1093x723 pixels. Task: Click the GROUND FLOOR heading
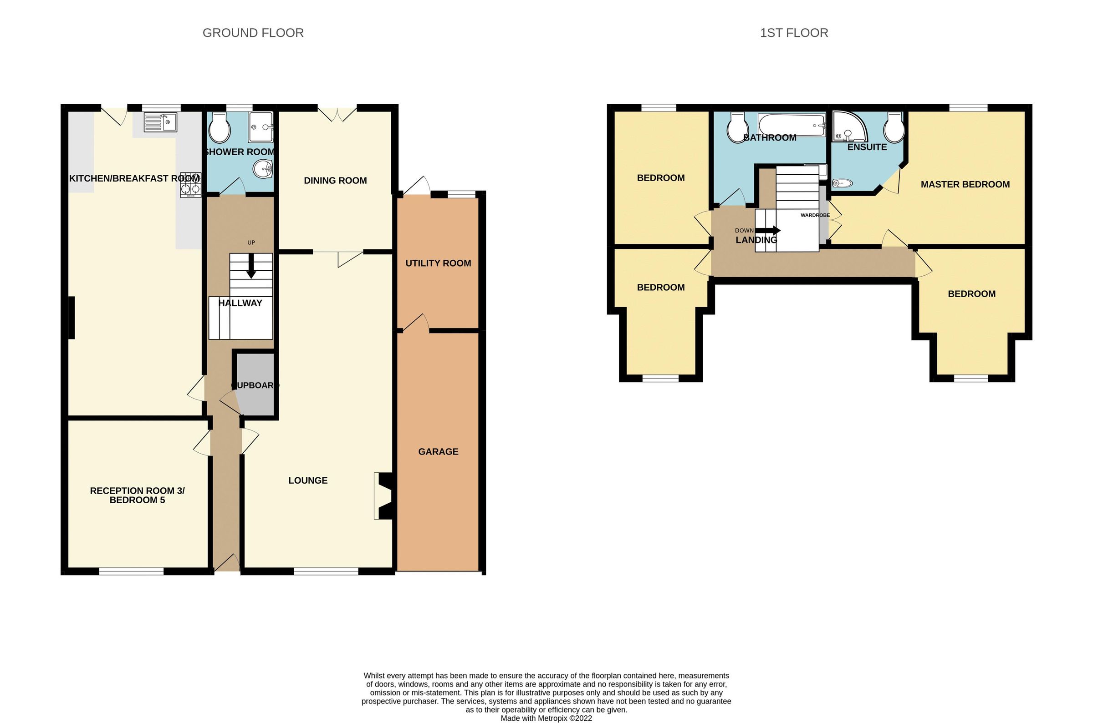[253, 33]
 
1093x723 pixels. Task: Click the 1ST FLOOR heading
[794, 33]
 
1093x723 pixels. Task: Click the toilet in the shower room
[219, 128]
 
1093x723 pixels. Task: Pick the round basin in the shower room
[263, 169]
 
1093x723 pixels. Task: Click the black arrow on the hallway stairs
[251, 267]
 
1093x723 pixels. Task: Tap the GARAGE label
[438, 451]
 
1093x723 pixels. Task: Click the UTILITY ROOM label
[438, 263]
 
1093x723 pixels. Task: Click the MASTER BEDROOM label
[965, 184]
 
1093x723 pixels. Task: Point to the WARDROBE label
[815, 215]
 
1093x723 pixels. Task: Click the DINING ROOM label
[335, 181]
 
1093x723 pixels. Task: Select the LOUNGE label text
[308, 480]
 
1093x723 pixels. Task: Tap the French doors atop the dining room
[337, 113]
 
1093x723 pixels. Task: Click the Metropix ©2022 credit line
[546, 718]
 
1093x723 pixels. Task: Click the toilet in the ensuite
[894, 128]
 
